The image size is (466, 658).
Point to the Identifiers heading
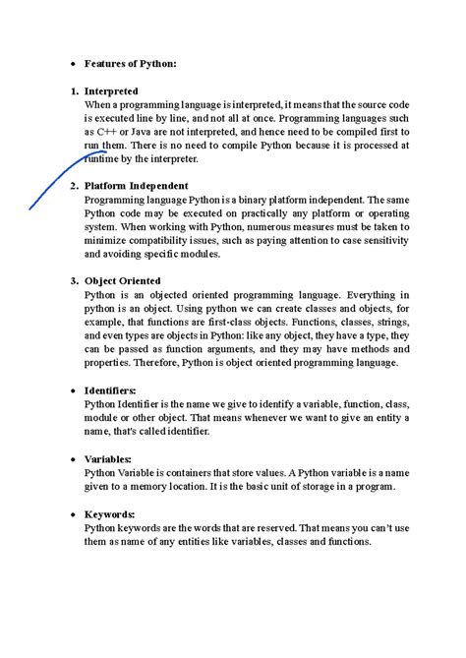(110, 390)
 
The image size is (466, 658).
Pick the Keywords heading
(110, 513)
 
